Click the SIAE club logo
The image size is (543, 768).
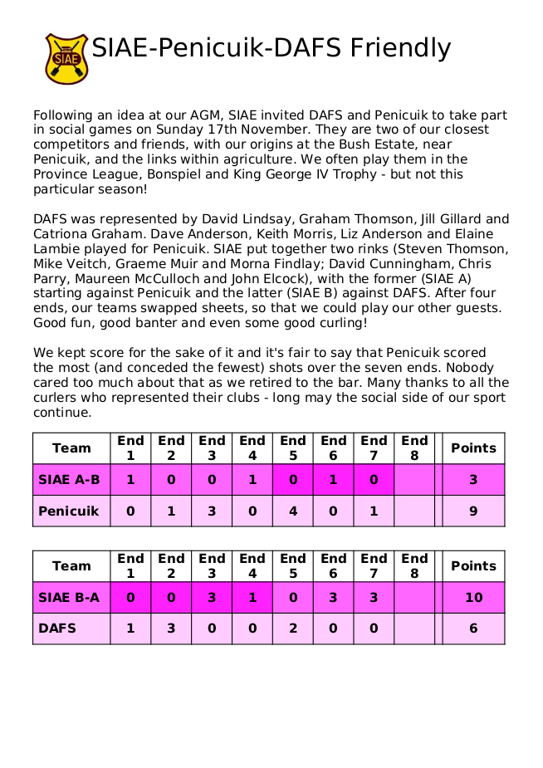point(66,58)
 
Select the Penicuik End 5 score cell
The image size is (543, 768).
point(293,511)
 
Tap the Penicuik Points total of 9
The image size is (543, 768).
point(473,511)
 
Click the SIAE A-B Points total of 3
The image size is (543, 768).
point(473,479)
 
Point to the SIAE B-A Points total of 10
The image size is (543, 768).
point(473,597)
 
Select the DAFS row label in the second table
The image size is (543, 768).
point(57,629)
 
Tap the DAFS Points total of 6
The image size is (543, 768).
point(473,629)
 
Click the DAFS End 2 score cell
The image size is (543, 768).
point(171,629)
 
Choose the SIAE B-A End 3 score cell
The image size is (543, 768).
point(212,597)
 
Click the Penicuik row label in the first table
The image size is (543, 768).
point(69,511)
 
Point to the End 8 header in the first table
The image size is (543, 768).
point(414,448)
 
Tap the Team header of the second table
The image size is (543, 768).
point(71,566)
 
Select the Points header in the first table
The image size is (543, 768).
point(473,448)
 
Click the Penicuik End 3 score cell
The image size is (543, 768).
point(212,511)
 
